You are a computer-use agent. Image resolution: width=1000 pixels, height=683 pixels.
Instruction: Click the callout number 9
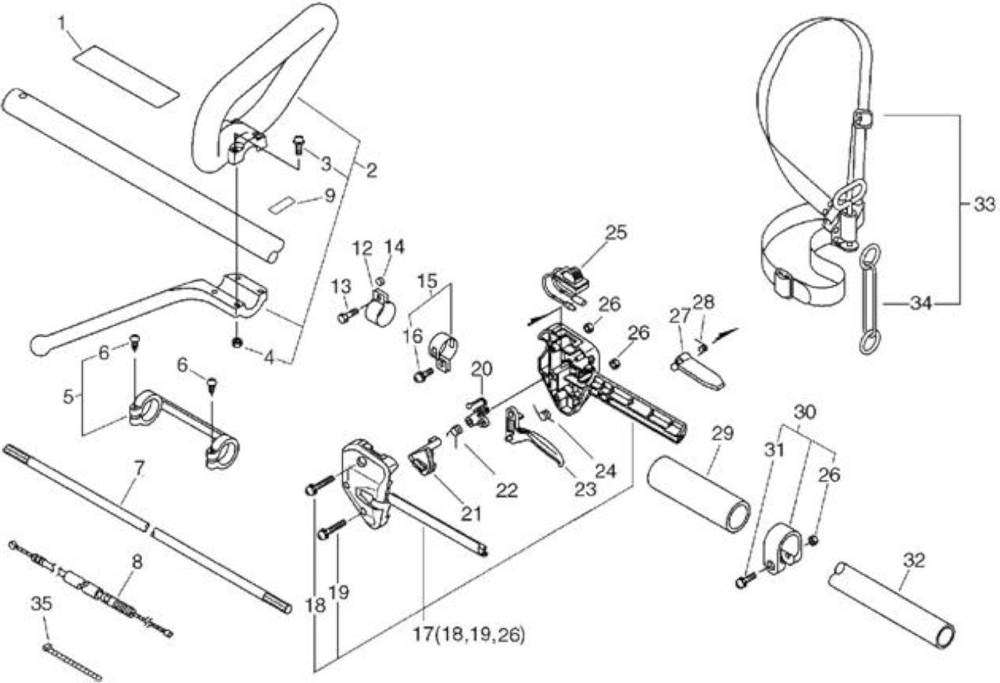329,195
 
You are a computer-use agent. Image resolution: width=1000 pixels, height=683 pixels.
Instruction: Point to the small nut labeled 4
237,343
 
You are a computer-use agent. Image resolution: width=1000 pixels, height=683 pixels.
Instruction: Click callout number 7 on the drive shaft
139,469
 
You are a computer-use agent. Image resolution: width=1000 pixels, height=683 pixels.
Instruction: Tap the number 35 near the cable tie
41,603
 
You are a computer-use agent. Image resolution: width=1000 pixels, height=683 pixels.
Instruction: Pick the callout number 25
616,233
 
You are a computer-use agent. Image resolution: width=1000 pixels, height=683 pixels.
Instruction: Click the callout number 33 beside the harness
984,205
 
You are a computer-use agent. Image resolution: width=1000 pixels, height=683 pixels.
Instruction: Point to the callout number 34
921,304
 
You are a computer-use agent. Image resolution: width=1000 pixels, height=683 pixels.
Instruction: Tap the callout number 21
471,514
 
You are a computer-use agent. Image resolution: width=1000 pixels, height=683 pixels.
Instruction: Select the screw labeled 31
746,581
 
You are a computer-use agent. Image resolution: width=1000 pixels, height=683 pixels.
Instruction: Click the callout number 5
68,396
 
